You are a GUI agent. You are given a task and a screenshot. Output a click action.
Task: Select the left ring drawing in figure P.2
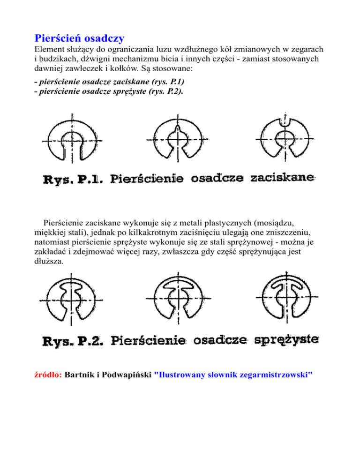pyautogui.click(x=71, y=300)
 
